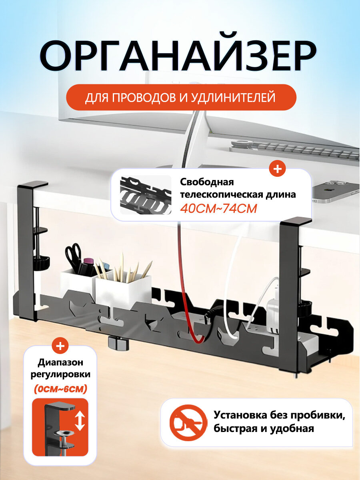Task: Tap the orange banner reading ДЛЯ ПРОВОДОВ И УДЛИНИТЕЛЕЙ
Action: (x=181, y=97)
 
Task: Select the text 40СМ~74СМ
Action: (x=218, y=209)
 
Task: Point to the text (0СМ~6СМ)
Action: (x=60, y=389)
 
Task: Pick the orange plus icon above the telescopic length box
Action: (x=277, y=169)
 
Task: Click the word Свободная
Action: (x=207, y=182)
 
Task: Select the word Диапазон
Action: (x=60, y=362)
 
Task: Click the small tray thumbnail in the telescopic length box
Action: (x=146, y=195)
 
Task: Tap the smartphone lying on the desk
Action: (x=336, y=192)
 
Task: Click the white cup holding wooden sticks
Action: (x=123, y=288)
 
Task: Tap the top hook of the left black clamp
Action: (x=33, y=185)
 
